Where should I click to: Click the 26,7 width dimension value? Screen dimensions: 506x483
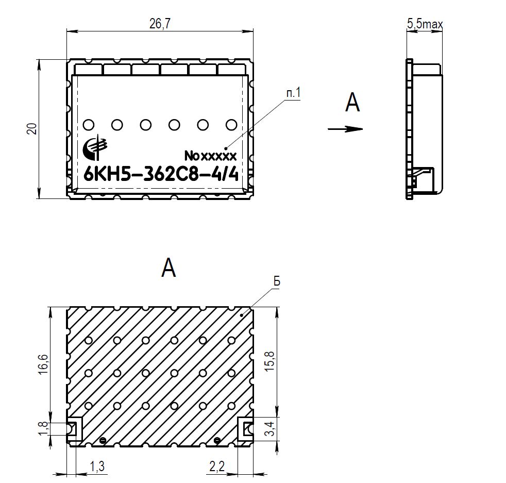click(160, 24)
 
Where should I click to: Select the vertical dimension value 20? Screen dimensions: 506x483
click(32, 129)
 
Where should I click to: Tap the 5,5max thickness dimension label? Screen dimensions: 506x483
click(425, 24)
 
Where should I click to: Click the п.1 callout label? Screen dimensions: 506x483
click(293, 93)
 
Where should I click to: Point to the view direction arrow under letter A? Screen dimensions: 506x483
click(345, 129)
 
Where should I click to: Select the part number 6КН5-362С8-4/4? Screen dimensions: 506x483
click(161, 175)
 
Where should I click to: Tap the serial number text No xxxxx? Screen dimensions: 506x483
click(210, 156)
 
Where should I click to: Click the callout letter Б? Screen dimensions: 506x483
click(277, 281)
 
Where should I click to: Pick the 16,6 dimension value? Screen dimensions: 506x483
click(43, 364)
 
